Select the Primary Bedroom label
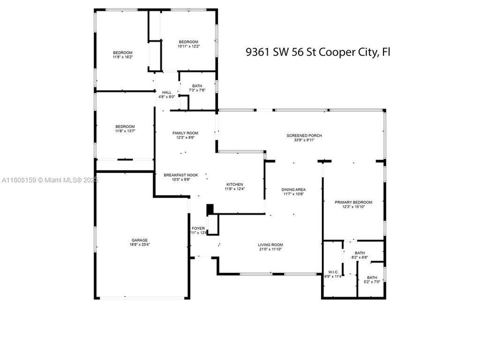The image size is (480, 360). click(x=353, y=202)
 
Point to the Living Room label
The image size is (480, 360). click(x=270, y=244)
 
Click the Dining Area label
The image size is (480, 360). click(x=293, y=189)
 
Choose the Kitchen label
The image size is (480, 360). click(x=234, y=184)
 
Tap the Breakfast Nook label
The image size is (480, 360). click(x=181, y=175)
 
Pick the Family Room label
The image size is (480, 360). click(x=185, y=133)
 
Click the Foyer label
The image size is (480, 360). click(x=198, y=228)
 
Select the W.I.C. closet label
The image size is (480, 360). click(x=332, y=272)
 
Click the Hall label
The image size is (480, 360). click(x=166, y=92)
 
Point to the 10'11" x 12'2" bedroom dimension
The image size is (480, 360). click(x=188, y=46)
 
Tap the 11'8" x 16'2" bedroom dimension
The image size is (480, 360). click(x=122, y=57)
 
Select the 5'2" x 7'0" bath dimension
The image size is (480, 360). click(x=372, y=282)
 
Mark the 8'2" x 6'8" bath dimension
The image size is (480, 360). click(x=360, y=258)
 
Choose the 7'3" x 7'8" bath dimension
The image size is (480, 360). click(x=197, y=90)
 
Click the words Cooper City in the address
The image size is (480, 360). click(x=349, y=52)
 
